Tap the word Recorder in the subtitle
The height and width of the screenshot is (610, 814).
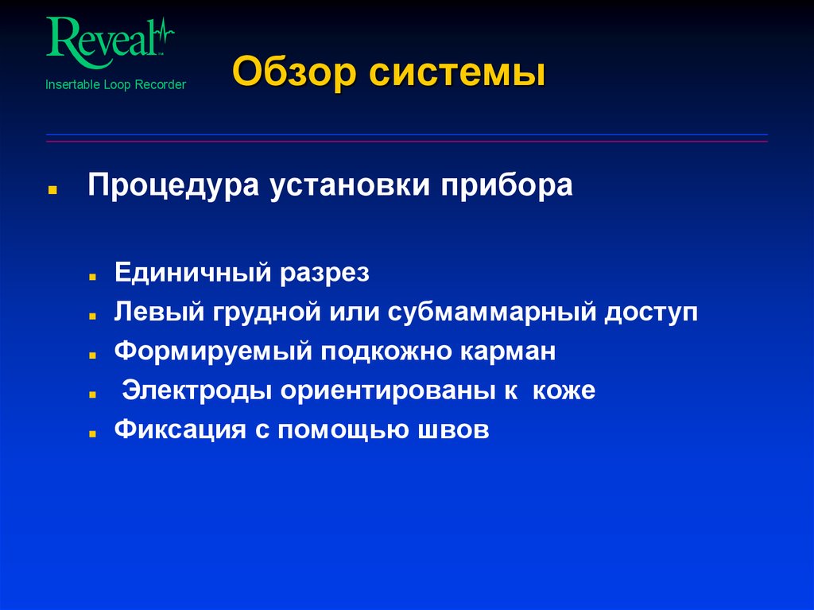pos(161,84)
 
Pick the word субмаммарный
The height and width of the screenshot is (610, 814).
pos(494,312)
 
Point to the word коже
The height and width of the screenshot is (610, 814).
pos(564,391)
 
